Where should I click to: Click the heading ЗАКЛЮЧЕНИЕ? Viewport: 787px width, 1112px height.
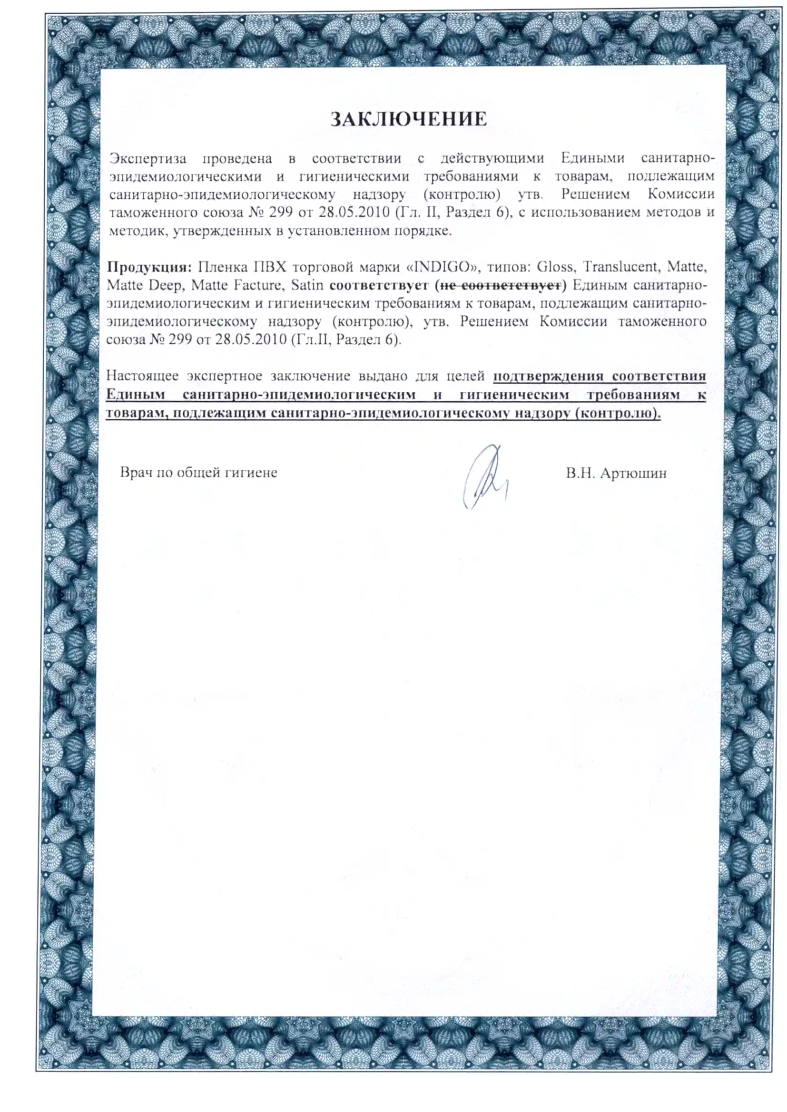click(x=409, y=119)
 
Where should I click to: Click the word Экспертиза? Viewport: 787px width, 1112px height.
click(x=148, y=158)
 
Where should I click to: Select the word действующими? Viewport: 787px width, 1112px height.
click(x=492, y=158)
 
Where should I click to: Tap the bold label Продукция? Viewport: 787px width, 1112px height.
click(x=150, y=267)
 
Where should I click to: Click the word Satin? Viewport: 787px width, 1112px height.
click(x=307, y=285)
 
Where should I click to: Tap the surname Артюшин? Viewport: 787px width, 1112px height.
click(x=633, y=473)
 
